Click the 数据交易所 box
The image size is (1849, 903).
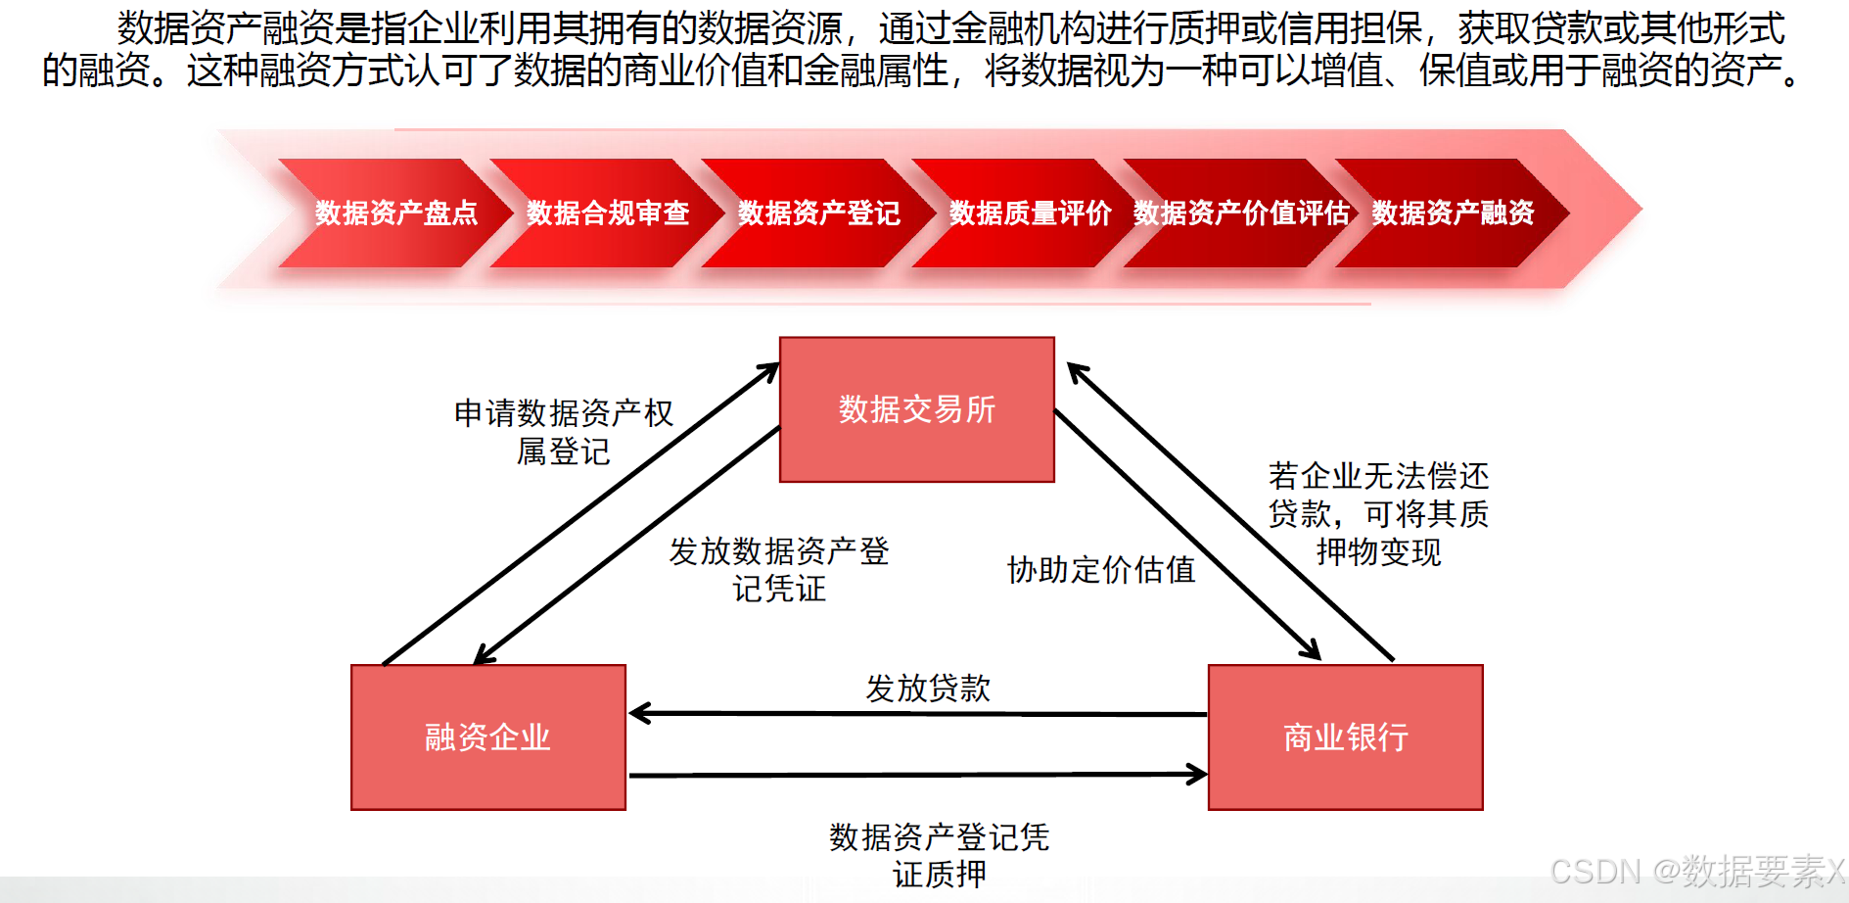pyautogui.click(x=916, y=409)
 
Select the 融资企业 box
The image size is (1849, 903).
pyautogui.click(x=487, y=737)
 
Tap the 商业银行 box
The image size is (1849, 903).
pyautogui.click(x=1345, y=737)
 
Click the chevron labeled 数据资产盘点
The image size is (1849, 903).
pyautogui.click(x=395, y=213)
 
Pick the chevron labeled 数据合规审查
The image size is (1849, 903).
pyautogui.click(x=607, y=213)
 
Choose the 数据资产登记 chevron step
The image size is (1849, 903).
pyautogui.click(x=818, y=213)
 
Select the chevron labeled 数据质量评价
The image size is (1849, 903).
pyautogui.click(x=1030, y=213)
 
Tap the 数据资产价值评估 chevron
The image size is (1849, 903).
pyautogui.click(x=1241, y=213)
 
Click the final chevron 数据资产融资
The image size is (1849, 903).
pyautogui.click(x=1453, y=213)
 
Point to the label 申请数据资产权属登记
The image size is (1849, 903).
pyautogui.click(x=564, y=432)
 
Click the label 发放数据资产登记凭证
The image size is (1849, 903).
pyautogui.click(x=779, y=569)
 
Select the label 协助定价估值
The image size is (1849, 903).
pyautogui.click(x=1101, y=569)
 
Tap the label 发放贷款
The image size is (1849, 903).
pyautogui.click(x=928, y=688)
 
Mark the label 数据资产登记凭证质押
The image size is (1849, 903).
pyautogui.click(x=939, y=855)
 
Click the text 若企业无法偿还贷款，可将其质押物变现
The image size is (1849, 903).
pyautogui.click(x=1378, y=514)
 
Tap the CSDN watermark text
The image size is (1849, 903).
pyautogui.click(x=1697, y=871)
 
